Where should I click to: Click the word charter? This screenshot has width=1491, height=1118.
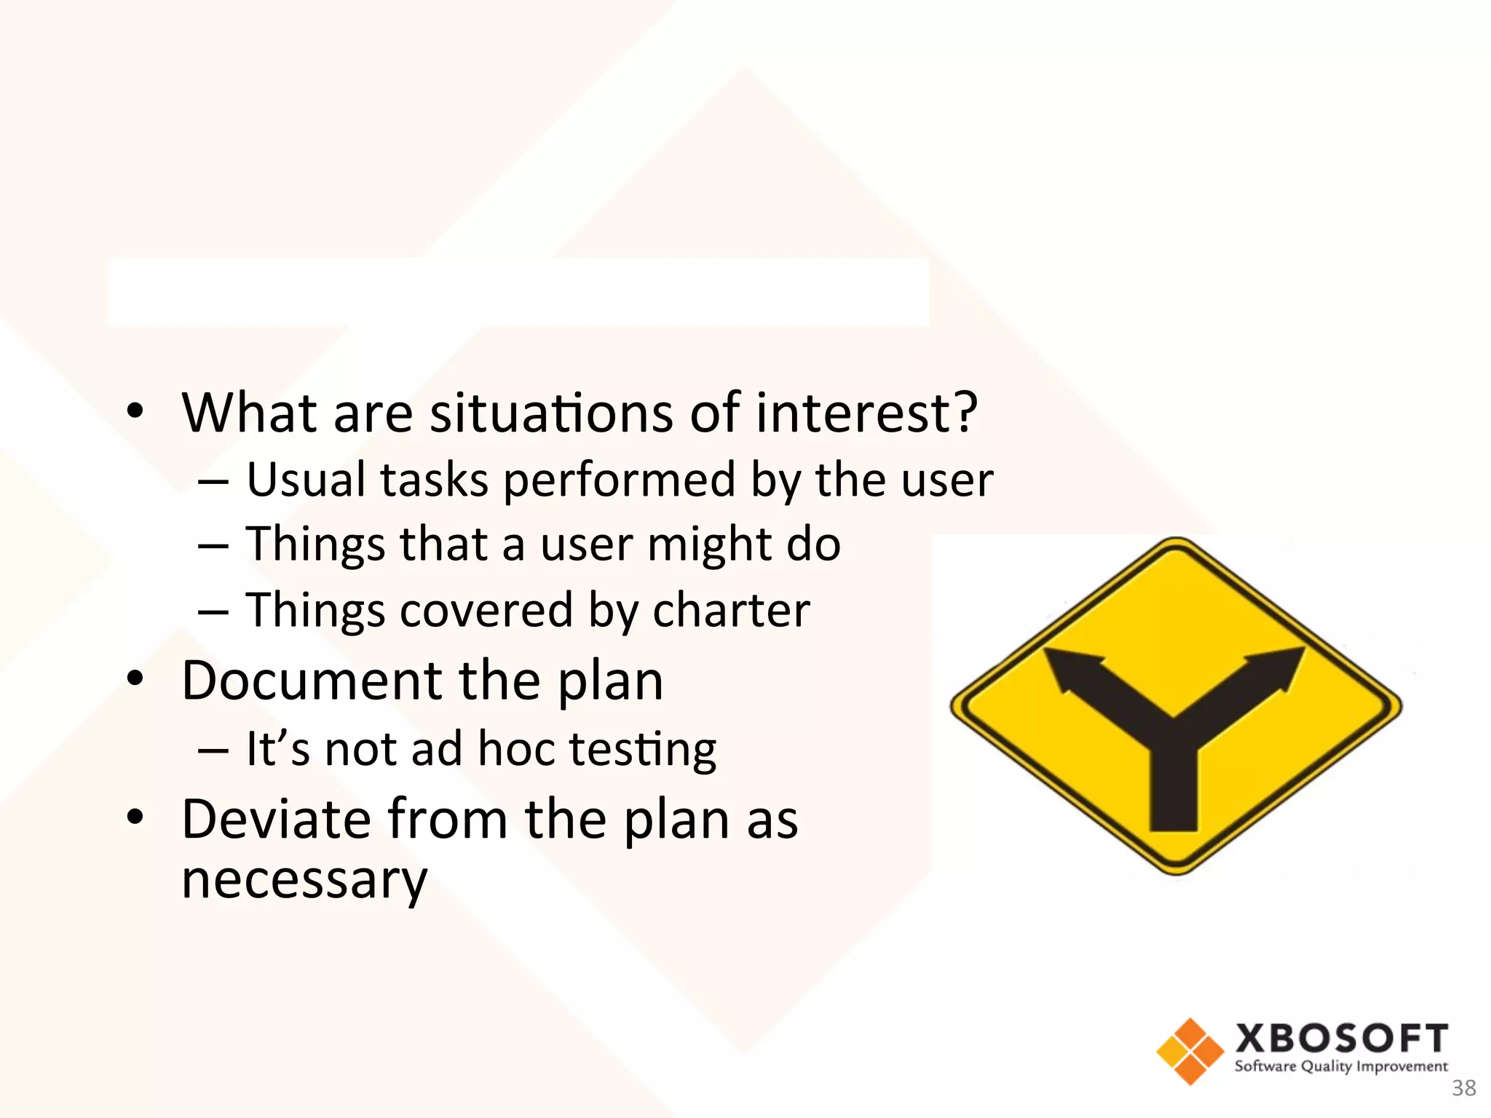[731, 610]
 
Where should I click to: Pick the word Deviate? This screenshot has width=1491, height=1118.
[275, 820]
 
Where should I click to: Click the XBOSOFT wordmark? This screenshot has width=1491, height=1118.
[1341, 1038]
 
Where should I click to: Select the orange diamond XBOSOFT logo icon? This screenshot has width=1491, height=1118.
[1190, 1051]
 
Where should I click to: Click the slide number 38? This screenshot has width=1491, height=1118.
[1463, 1088]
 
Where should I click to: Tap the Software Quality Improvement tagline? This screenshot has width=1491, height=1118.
[1341, 1067]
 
